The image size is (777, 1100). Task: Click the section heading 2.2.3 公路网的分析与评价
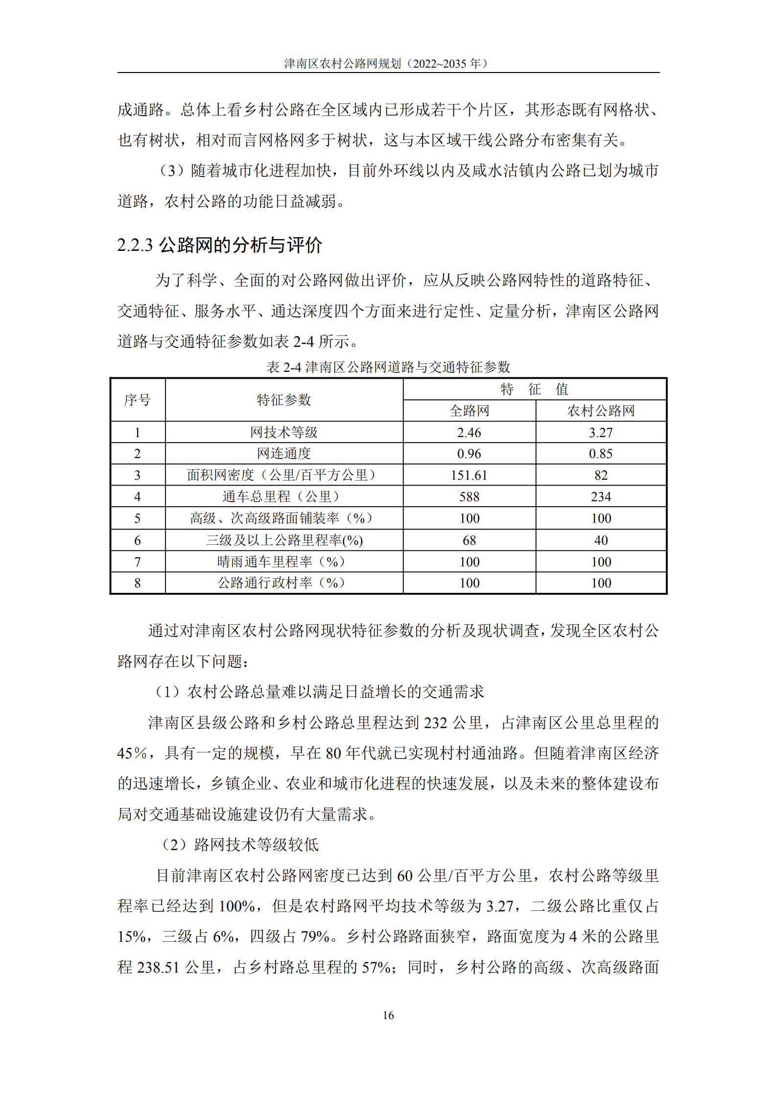[x=219, y=245]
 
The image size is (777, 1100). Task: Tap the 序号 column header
[x=138, y=400]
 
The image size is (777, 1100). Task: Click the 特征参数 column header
[x=284, y=400]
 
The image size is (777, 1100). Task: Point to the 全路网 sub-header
[x=469, y=411]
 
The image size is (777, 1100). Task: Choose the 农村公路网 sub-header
[x=601, y=411]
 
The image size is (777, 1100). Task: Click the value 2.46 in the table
[x=469, y=433]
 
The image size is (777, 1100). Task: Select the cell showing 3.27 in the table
[x=601, y=433]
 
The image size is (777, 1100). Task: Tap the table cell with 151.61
[x=469, y=475]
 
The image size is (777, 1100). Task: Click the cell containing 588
[x=469, y=497]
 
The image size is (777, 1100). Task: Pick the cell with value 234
[x=601, y=497]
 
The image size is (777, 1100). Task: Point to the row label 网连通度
[x=284, y=454]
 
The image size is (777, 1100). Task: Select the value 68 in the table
[x=469, y=540]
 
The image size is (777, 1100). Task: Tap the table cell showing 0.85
[x=601, y=454]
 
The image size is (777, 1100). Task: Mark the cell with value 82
[x=601, y=475]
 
